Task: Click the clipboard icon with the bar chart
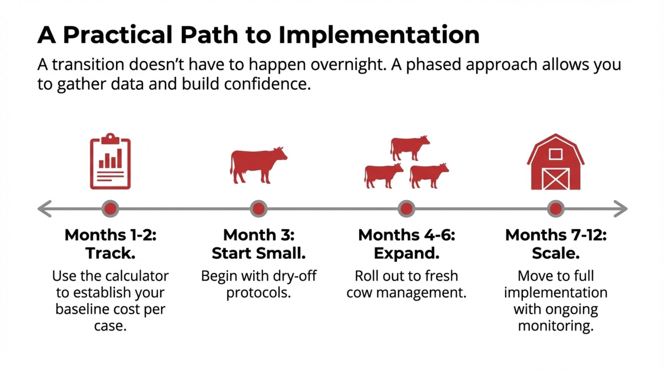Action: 110,162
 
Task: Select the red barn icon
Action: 556,162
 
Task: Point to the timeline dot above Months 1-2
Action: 110,209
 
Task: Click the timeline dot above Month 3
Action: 259,209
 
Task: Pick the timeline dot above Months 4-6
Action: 406,209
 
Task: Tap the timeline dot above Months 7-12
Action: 556,209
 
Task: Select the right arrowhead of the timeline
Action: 620,209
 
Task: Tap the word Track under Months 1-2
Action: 110,253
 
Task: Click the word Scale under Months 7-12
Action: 556,253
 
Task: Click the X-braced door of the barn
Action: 556,179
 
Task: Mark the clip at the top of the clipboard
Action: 110,138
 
